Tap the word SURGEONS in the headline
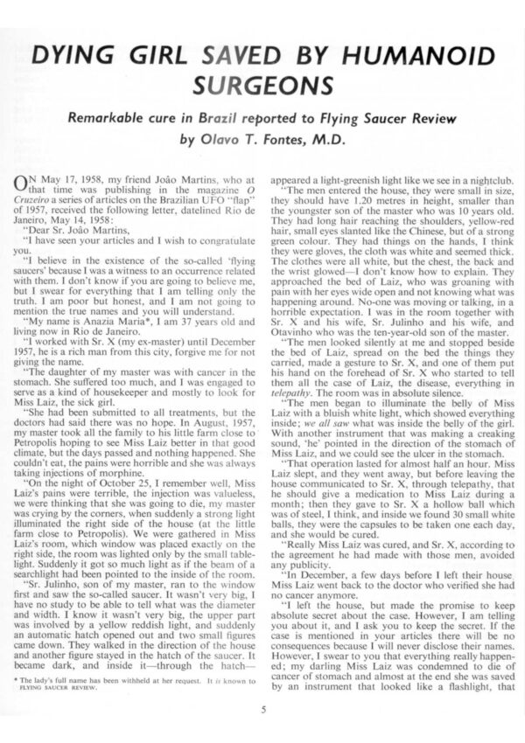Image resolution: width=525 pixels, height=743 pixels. [262, 87]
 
